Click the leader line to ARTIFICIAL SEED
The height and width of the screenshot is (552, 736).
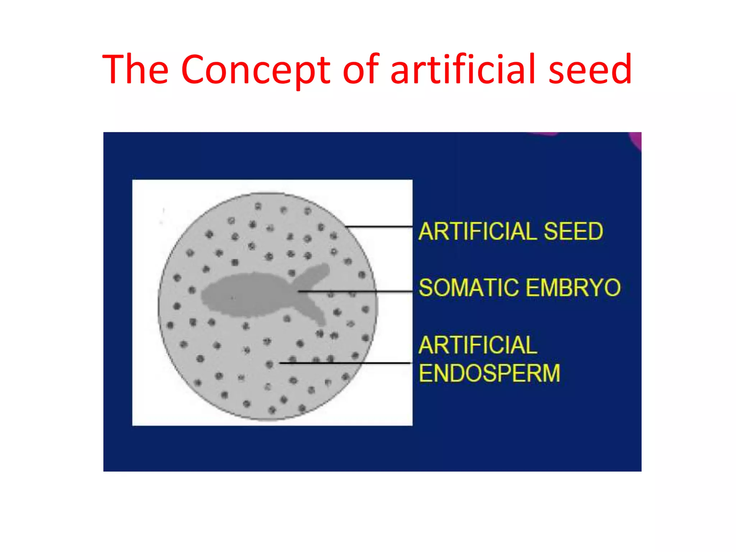pyautogui.click(x=379, y=226)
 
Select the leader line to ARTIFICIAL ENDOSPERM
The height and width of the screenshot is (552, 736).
pyautogui.click(x=345, y=363)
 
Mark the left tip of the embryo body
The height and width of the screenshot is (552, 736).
pyautogui.click(x=202, y=295)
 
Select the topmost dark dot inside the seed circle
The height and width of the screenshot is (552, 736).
pyautogui.click(x=258, y=206)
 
